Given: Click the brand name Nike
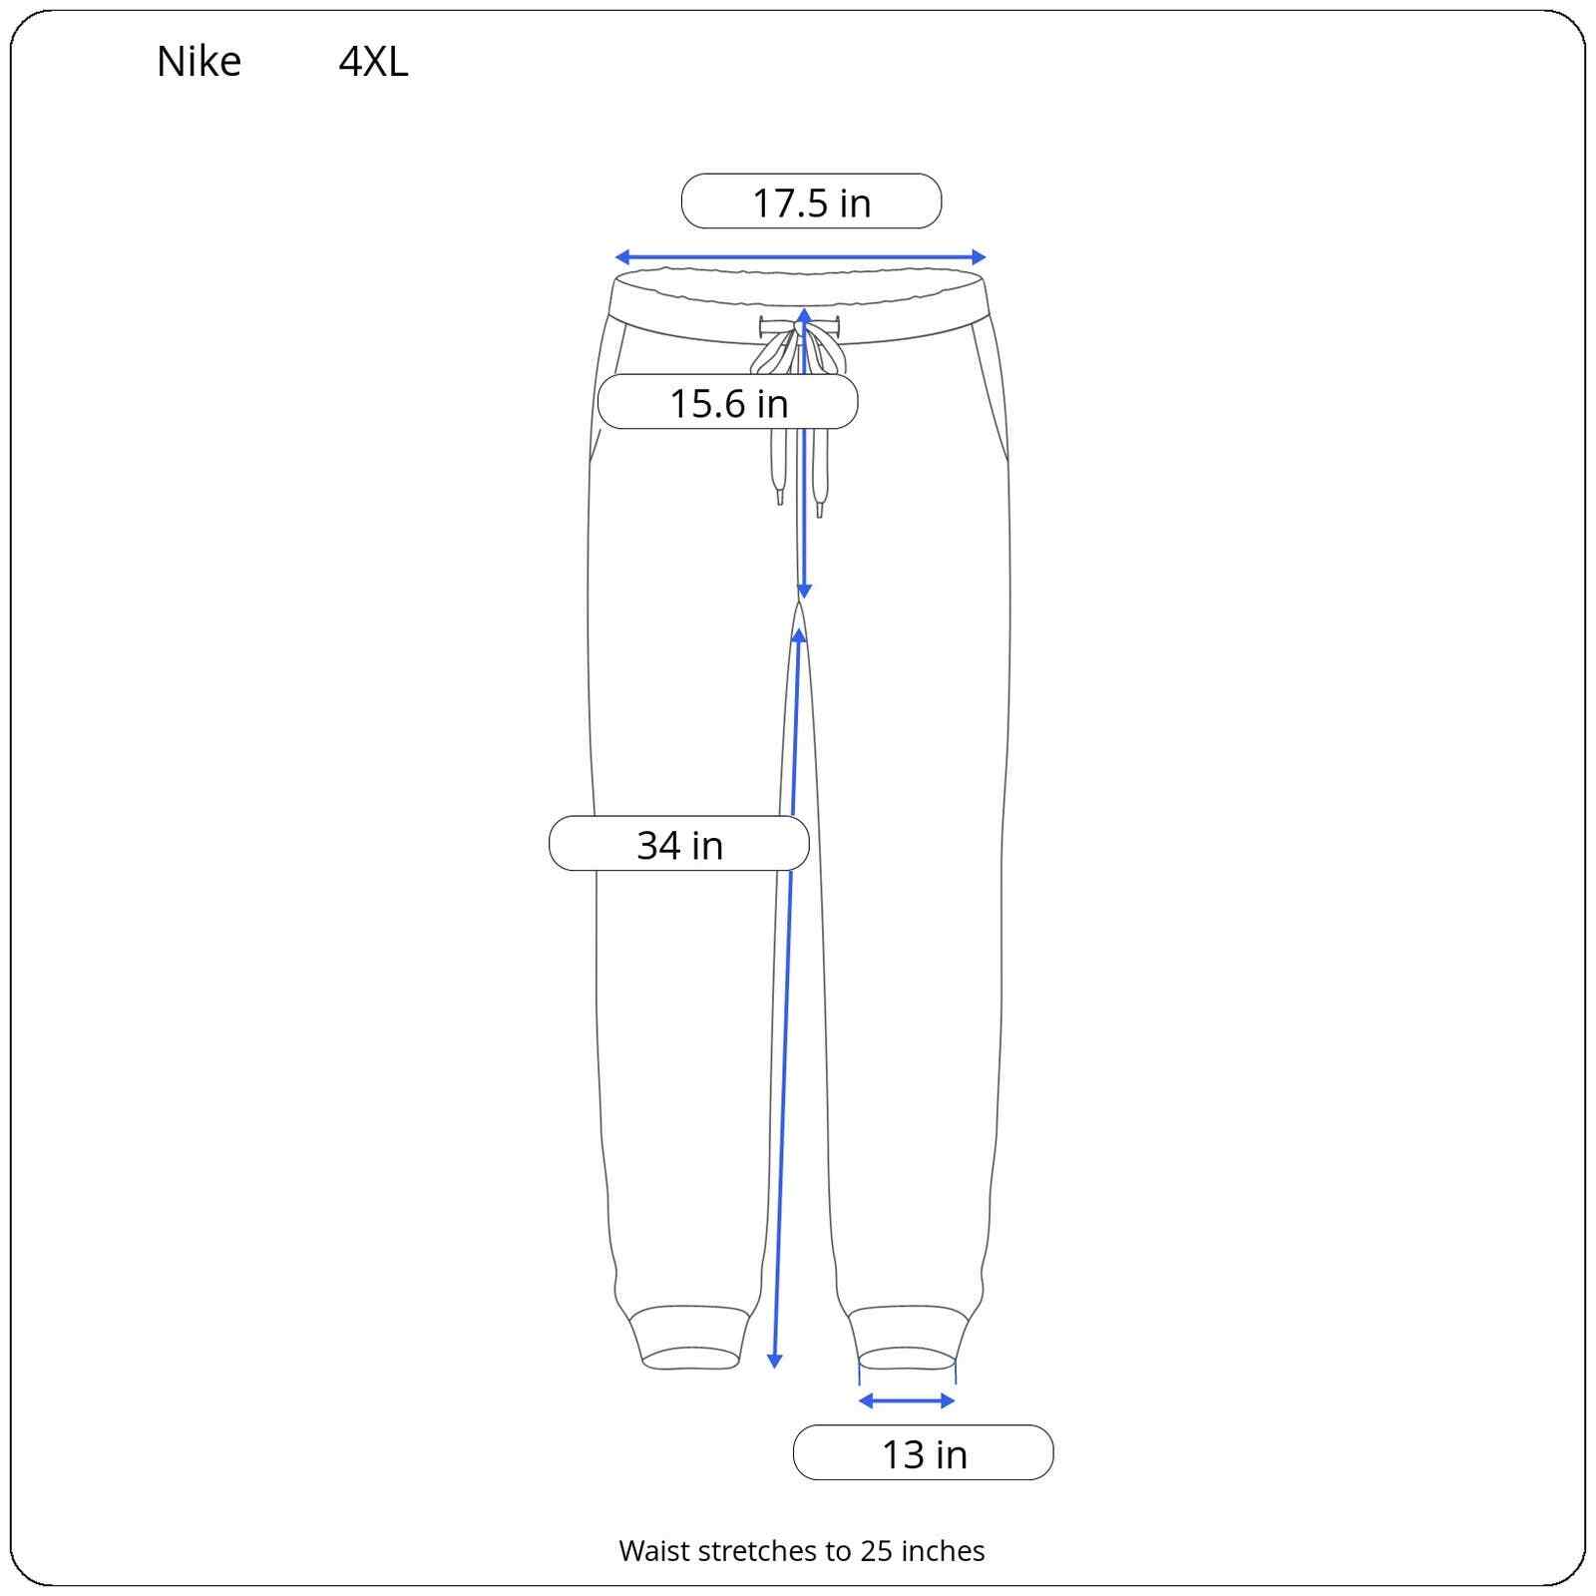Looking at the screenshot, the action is (199, 62).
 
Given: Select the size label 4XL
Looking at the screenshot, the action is (373, 62).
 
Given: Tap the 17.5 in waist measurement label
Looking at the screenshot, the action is (811, 202).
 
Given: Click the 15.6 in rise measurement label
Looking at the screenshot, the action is (728, 403).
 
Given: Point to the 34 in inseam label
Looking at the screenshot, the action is (679, 845).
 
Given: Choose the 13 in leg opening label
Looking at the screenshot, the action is (924, 1454).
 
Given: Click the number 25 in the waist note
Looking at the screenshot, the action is (875, 1550).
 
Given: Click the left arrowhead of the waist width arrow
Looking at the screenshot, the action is (621, 257).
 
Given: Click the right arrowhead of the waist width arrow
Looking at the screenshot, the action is (979, 257).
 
